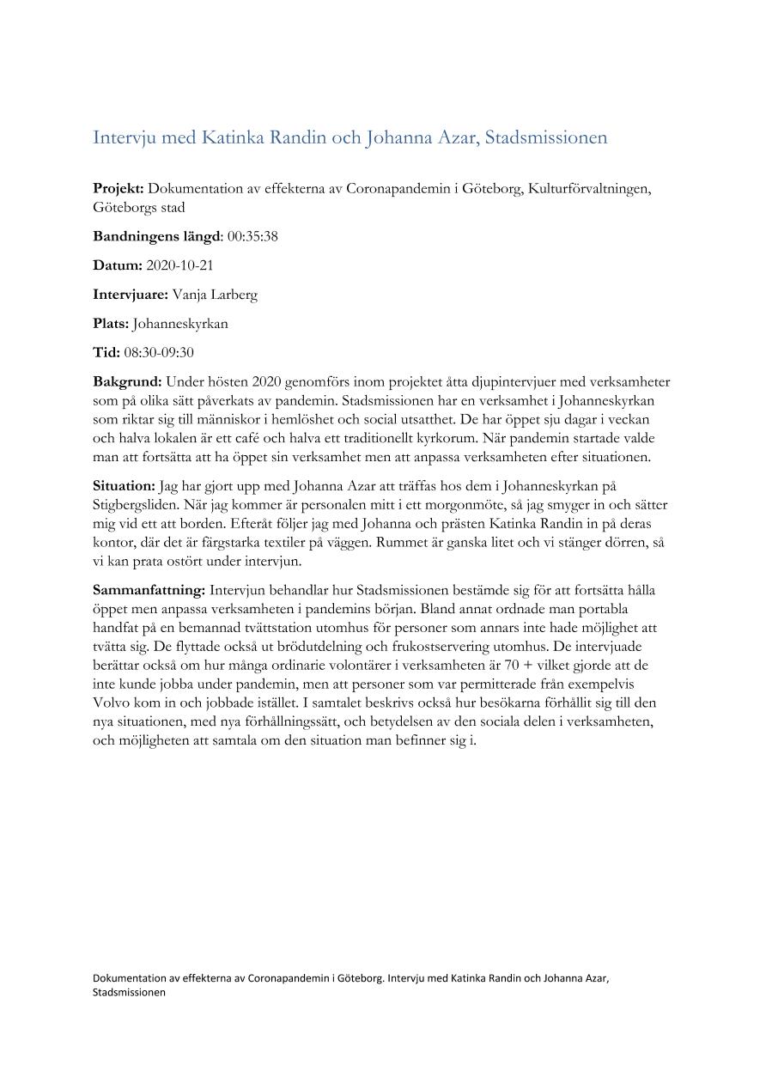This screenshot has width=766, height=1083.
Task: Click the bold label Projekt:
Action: [x=119, y=189]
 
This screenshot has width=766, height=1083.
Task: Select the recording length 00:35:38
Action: [x=252, y=236]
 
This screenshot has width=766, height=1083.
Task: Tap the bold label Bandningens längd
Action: [x=157, y=236]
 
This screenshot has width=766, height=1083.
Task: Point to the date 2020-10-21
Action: [x=179, y=265]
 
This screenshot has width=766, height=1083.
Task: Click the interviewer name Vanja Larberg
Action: [x=215, y=295]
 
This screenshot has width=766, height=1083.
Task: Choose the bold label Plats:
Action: [x=111, y=324]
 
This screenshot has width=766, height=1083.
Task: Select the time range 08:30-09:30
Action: [x=158, y=353]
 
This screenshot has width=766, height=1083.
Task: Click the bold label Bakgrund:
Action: [x=127, y=382]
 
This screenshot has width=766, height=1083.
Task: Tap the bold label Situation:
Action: [x=125, y=486]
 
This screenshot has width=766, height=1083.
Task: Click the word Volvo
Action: [x=112, y=703]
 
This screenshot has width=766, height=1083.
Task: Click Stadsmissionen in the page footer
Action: [x=129, y=991]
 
